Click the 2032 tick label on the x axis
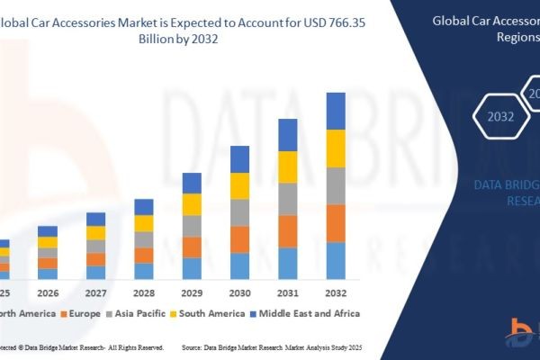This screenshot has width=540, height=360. (x=335, y=292)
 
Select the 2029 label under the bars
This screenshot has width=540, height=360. (x=192, y=292)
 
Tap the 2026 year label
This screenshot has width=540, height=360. (x=48, y=292)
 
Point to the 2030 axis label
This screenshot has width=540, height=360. (x=239, y=292)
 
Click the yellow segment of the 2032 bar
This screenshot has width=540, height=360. (x=336, y=148)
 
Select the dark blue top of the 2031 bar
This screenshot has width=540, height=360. (x=288, y=134)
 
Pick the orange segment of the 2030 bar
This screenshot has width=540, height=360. (x=239, y=238)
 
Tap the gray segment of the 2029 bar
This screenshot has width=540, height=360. (x=192, y=226)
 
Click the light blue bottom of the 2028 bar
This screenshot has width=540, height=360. (x=144, y=270)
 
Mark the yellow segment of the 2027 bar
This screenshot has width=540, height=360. (x=95, y=232)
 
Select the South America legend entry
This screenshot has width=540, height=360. (x=211, y=313)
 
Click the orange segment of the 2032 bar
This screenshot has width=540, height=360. (x=336, y=223)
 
